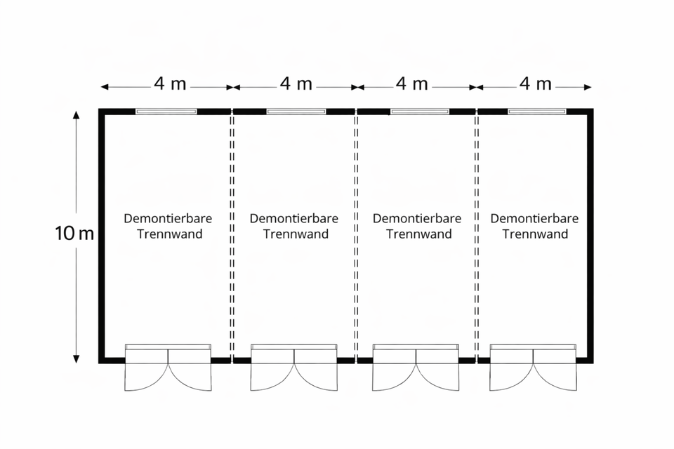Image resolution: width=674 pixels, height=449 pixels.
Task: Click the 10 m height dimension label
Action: coord(74,234)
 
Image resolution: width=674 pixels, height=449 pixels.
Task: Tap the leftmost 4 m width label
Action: coord(170,84)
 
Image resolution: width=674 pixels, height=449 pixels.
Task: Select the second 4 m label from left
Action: coord(296,84)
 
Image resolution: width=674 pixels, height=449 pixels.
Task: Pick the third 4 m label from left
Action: coord(411,84)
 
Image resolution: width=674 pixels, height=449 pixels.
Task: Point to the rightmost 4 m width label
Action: coord(535,84)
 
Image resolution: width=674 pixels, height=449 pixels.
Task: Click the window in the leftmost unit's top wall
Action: coord(166,111)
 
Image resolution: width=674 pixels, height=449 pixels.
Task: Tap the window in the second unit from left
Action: coord(296,111)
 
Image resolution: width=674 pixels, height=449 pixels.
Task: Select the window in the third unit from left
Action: coord(420,111)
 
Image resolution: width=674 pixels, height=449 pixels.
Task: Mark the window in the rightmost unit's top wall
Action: coord(537,111)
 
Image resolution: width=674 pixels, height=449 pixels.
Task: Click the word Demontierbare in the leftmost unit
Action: coord(168,218)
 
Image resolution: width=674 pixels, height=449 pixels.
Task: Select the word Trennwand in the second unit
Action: coord(296,234)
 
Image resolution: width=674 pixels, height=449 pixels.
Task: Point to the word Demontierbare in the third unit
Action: coord(417,218)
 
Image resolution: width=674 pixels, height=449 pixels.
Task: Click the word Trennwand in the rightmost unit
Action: coord(534,234)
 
